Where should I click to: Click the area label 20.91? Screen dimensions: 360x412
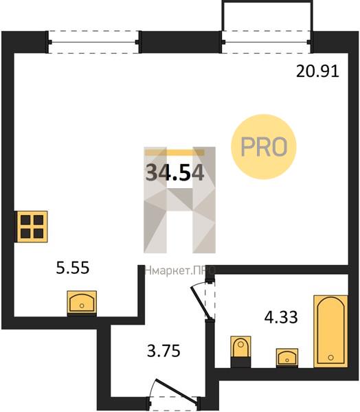317,71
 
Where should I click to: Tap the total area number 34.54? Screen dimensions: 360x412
175,172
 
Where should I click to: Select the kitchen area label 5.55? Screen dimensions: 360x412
73,268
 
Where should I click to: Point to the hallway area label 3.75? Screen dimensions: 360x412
164,351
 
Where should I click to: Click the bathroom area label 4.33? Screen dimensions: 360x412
281,317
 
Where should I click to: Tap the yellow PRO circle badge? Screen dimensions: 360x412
264,147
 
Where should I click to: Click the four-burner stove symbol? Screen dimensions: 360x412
32,226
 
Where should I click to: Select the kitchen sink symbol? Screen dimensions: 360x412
82,302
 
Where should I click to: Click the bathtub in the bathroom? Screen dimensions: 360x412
331,331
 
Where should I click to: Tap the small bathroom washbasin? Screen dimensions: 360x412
287,357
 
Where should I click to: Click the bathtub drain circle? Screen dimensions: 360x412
331,357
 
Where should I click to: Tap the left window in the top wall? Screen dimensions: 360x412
93,42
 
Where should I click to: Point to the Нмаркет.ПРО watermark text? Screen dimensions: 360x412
180,271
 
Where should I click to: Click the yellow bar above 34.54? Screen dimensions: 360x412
175,152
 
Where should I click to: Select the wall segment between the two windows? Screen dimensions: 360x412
181,42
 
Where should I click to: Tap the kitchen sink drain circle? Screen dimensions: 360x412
82,306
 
